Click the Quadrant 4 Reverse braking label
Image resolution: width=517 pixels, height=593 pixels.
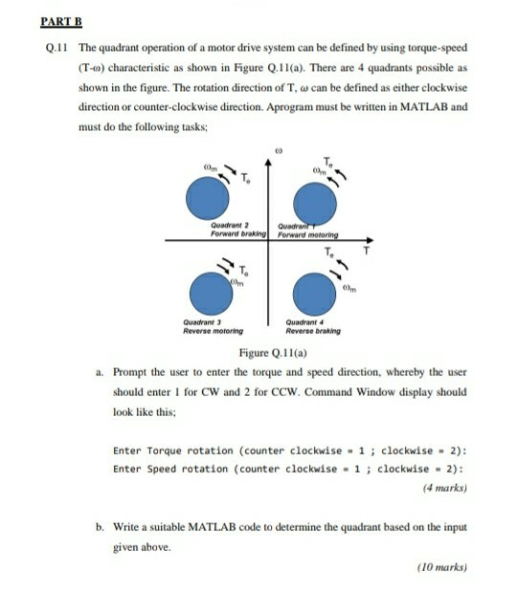coord(312,326)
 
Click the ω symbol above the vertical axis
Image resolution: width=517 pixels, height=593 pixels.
coord(276,149)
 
